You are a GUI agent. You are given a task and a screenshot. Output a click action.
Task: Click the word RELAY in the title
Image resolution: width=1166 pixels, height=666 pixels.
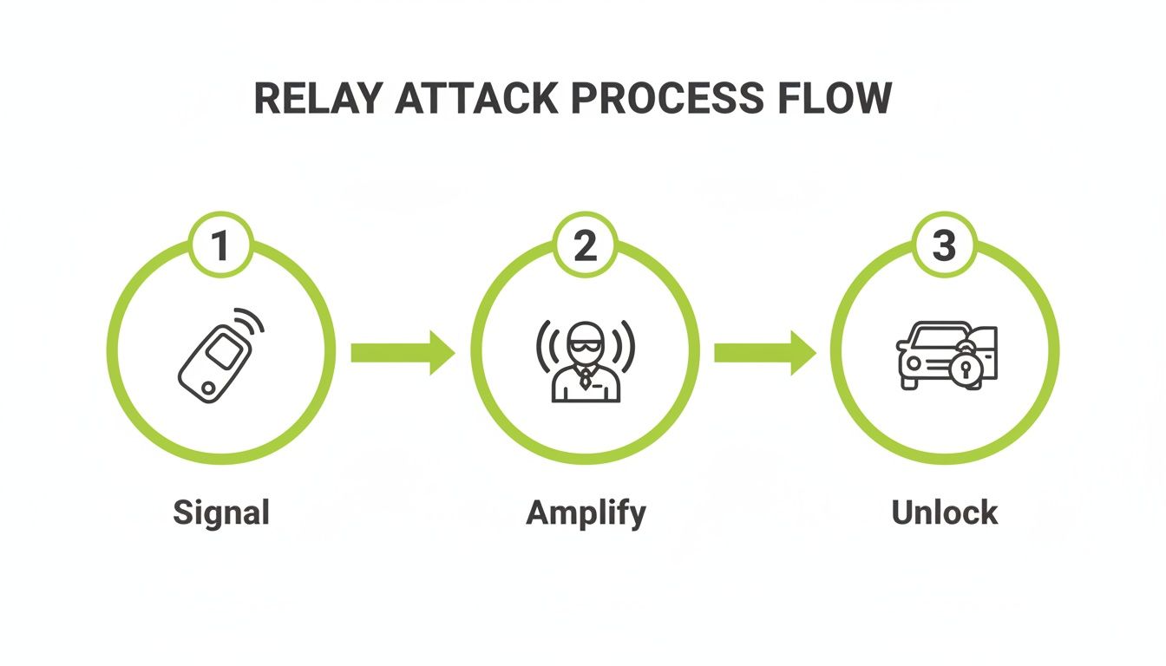[317, 100]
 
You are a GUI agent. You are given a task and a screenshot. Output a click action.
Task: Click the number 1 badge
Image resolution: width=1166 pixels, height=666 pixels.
[220, 245]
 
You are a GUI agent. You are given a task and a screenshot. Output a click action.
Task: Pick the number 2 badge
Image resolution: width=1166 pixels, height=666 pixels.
[586, 245]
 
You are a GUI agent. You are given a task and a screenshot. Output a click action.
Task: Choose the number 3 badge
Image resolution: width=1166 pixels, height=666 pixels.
[944, 245]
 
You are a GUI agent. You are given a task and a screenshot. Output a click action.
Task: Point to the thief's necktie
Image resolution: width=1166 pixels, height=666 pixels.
[586, 378]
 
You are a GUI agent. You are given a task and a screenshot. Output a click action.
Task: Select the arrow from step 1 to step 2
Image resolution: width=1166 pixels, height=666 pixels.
[402, 352]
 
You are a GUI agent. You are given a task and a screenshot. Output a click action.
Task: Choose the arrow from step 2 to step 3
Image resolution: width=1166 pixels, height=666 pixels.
[763, 352]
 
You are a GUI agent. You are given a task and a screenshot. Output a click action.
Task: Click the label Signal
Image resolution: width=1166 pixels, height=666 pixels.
[221, 513]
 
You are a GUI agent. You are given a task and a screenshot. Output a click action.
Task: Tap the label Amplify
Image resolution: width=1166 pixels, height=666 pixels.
[586, 513]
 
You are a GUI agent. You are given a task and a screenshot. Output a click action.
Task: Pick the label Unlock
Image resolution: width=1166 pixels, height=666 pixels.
[945, 513]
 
